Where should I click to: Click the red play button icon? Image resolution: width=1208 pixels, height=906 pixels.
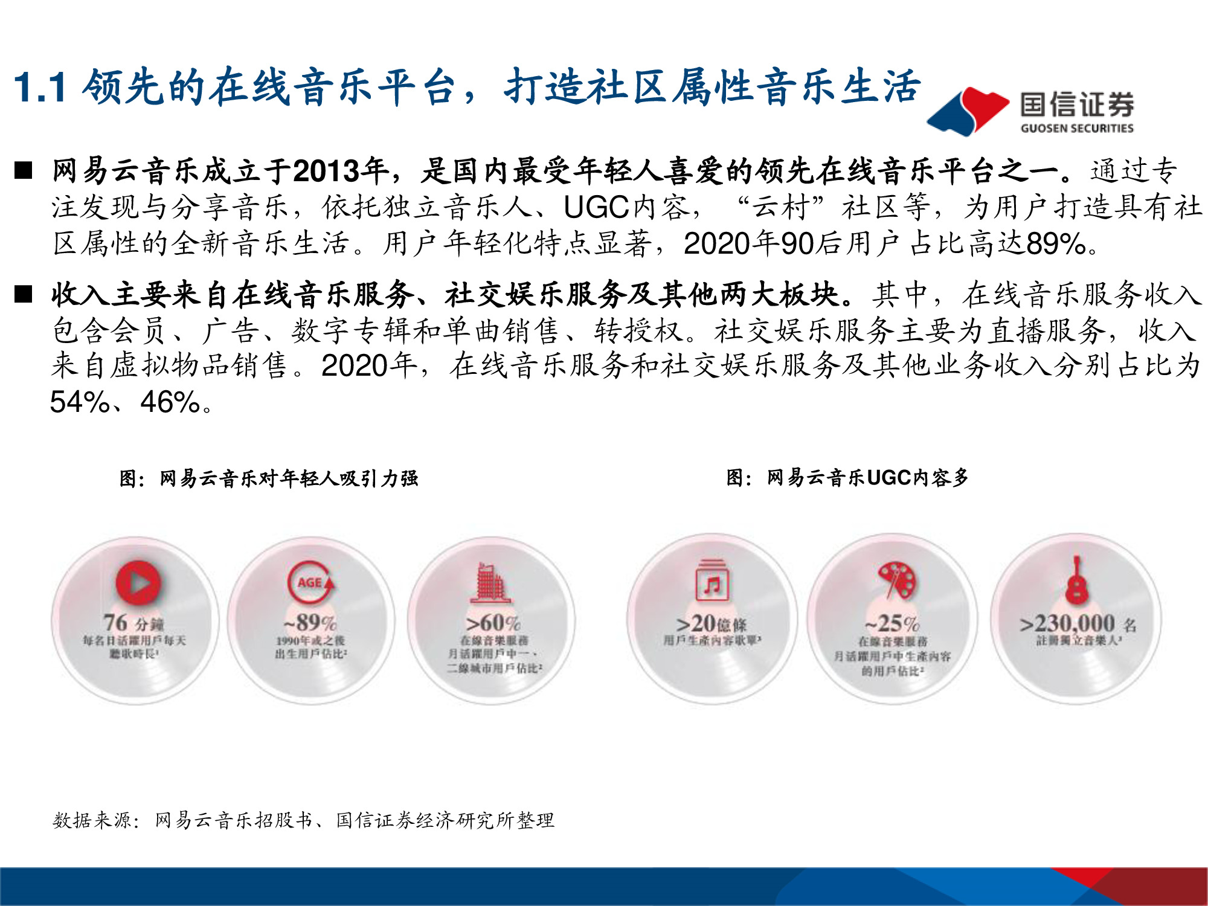(139, 583)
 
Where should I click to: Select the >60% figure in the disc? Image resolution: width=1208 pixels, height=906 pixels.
(493, 622)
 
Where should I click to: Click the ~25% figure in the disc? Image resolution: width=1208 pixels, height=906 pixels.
(892, 623)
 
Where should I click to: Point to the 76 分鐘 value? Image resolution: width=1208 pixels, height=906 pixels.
(133, 623)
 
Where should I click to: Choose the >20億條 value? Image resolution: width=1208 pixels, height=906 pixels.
(712, 624)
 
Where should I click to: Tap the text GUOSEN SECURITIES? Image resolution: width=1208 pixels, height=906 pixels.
(1077, 128)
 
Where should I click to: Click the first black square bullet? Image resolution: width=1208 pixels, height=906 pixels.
(24, 171)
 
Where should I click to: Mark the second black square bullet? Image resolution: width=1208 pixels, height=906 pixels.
(24, 294)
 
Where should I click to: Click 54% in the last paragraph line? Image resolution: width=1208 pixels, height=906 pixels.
(79, 402)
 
